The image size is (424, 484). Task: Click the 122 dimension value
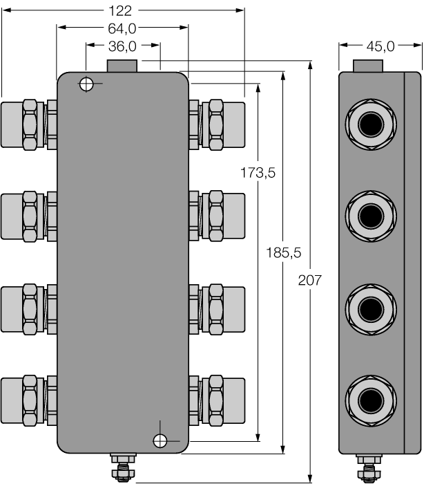(x=123, y=10)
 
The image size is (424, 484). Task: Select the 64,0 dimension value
(x=123, y=28)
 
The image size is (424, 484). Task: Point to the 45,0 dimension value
(x=379, y=46)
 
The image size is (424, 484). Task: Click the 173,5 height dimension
(x=258, y=174)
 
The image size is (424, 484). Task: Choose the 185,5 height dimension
(x=283, y=253)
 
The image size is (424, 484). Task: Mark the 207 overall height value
(x=309, y=280)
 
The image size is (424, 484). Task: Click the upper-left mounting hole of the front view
(x=86, y=85)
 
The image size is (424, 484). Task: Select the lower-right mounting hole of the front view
(x=160, y=440)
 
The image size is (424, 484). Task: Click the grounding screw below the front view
(x=123, y=467)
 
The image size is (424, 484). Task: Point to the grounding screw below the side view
(x=368, y=467)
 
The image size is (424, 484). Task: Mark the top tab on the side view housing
(x=368, y=67)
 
